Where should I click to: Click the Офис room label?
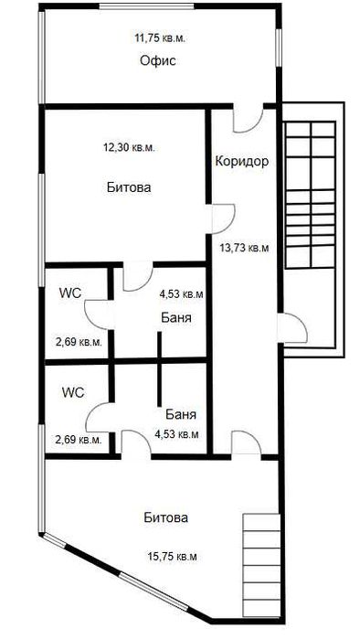click(x=157, y=61)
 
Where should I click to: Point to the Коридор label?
click(x=241, y=162)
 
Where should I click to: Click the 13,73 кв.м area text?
click(x=244, y=246)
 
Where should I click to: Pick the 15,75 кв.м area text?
click(x=172, y=555)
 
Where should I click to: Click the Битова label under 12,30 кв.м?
click(x=128, y=187)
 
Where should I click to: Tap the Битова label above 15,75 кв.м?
click(x=166, y=517)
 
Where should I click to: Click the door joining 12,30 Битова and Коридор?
click(x=223, y=216)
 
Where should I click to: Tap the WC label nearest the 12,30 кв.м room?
click(x=70, y=293)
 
